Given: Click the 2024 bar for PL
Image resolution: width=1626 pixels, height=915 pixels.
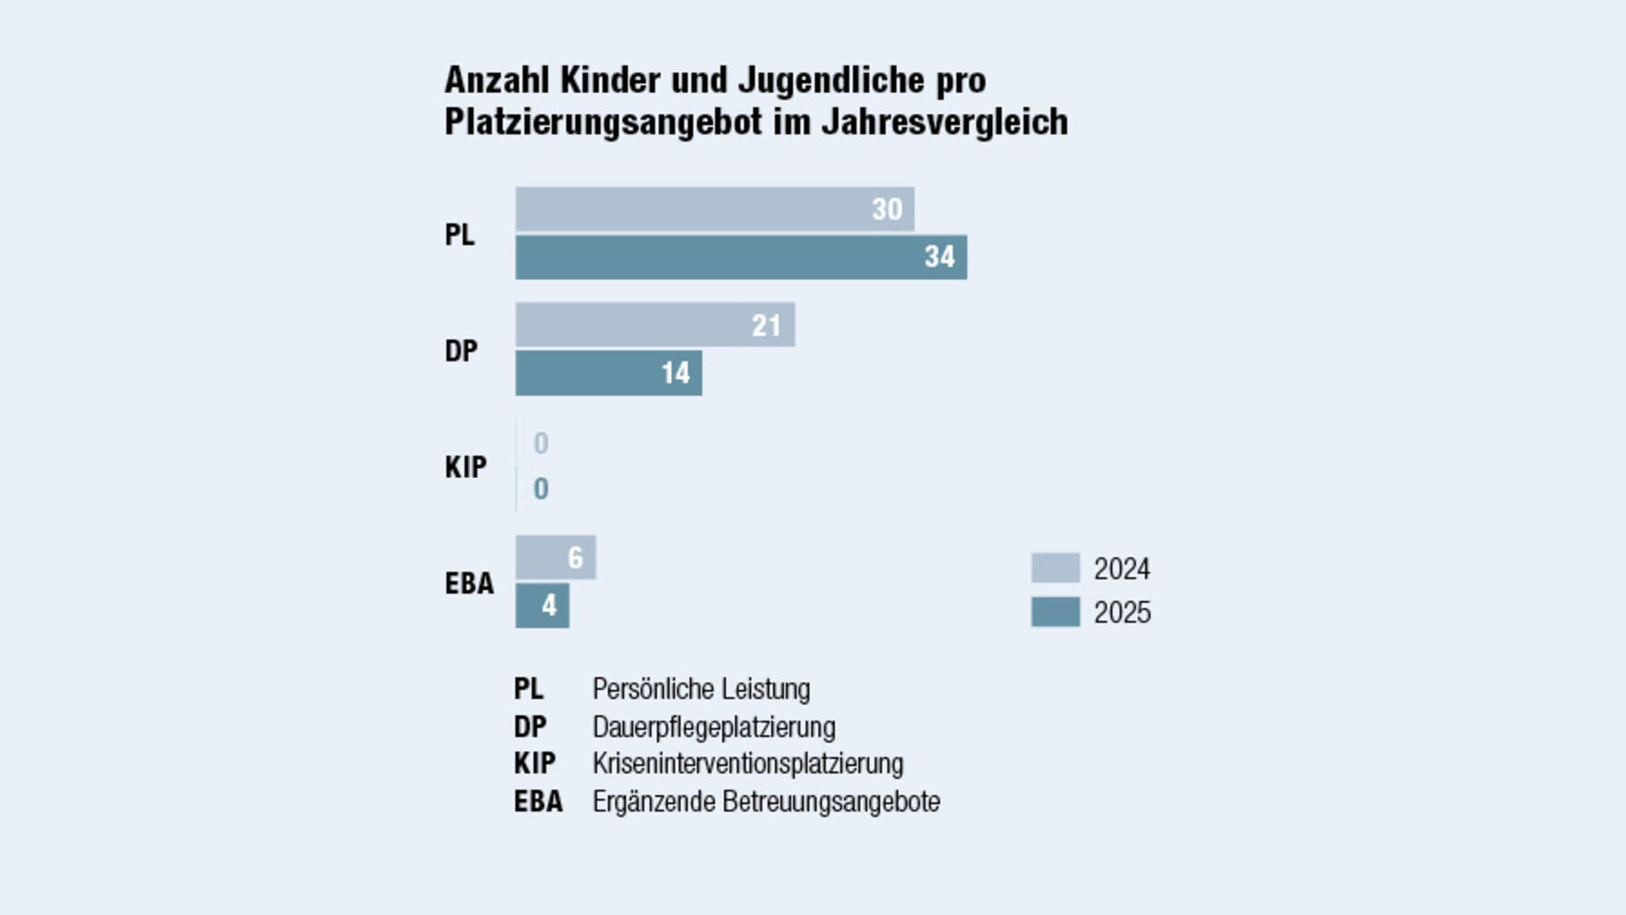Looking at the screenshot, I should pyautogui.click(x=714, y=210).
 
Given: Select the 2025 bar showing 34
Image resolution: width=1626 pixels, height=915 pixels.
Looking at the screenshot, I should pyautogui.click(x=740, y=257).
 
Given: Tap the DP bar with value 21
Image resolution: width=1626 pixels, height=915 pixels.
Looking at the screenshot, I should pyautogui.click(x=654, y=325).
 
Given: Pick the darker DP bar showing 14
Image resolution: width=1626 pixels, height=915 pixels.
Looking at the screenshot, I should pyautogui.click(x=608, y=373).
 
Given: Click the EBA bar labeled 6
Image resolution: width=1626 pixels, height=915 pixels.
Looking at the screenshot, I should pyautogui.click(x=555, y=557).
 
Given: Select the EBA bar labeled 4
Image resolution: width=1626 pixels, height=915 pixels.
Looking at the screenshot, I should pyautogui.click(x=542, y=605).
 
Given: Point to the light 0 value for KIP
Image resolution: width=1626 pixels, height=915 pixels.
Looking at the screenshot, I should pyautogui.click(x=541, y=443).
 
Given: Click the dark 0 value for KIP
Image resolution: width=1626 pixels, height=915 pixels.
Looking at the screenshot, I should pyautogui.click(x=541, y=489).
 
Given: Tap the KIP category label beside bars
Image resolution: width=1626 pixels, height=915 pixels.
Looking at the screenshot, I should pyautogui.click(x=465, y=467).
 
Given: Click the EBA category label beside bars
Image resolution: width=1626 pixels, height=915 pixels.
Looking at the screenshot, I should pyautogui.click(x=469, y=583).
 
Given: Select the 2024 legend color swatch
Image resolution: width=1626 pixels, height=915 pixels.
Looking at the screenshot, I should pyautogui.click(x=1055, y=568).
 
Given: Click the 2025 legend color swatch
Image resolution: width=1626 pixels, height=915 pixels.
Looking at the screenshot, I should pyautogui.click(x=1055, y=612).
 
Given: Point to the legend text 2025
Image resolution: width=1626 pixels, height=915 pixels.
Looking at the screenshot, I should pyautogui.click(x=1122, y=613).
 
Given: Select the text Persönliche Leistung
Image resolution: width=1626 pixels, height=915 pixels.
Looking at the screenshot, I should pyautogui.click(x=700, y=689).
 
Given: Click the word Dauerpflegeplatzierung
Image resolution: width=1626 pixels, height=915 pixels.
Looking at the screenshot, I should pyautogui.click(x=713, y=727).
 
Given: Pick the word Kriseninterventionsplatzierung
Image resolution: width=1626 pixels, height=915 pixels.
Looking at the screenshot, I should pyautogui.click(x=748, y=763).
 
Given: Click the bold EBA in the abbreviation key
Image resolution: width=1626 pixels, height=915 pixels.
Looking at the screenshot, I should pyautogui.click(x=538, y=802).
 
